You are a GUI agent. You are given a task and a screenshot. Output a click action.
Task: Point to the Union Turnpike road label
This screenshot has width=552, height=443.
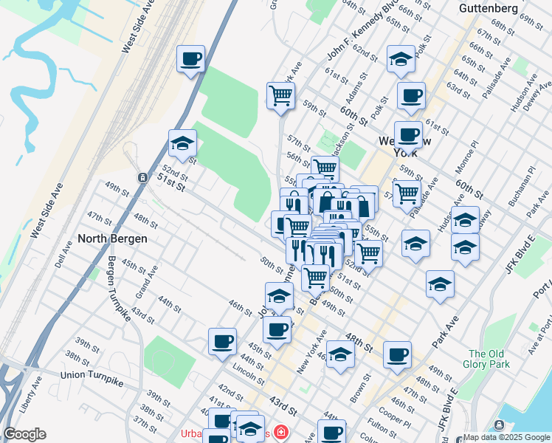point(92,375)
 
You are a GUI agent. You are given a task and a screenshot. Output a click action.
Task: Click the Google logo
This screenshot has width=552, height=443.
point(24,434)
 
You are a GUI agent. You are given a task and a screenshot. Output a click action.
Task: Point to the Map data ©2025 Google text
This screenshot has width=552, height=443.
point(506,437)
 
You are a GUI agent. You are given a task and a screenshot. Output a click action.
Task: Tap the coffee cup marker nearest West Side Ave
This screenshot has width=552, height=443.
point(190,58)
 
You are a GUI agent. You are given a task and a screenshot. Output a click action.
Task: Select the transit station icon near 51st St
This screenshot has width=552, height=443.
point(142,178)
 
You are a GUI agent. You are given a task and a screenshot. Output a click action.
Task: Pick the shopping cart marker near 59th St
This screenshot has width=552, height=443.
point(280,95)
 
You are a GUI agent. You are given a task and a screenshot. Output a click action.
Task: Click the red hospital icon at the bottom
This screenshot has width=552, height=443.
point(280,432)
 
